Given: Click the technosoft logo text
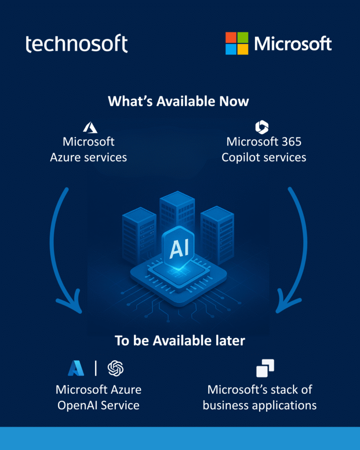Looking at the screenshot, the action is (x=76, y=44).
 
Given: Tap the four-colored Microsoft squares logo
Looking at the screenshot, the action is (x=237, y=44).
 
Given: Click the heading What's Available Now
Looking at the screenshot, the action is (x=178, y=102).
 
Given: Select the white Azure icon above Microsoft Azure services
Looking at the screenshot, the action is (x=90, y=127).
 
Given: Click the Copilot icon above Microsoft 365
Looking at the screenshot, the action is (x=262, y=127).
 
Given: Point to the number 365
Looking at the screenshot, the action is (x=291, y=142).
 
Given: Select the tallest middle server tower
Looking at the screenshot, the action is (x=177, y=211).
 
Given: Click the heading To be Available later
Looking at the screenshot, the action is (x=180, y=341).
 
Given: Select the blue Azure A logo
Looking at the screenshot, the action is (x=76, y=368).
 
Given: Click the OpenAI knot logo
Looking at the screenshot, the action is (x=116, y=368).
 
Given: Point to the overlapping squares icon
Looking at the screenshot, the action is (x=265, y=368).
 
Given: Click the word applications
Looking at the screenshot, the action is (x=283, y=406).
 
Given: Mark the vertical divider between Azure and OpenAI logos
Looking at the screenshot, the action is (x=95, y=368).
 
